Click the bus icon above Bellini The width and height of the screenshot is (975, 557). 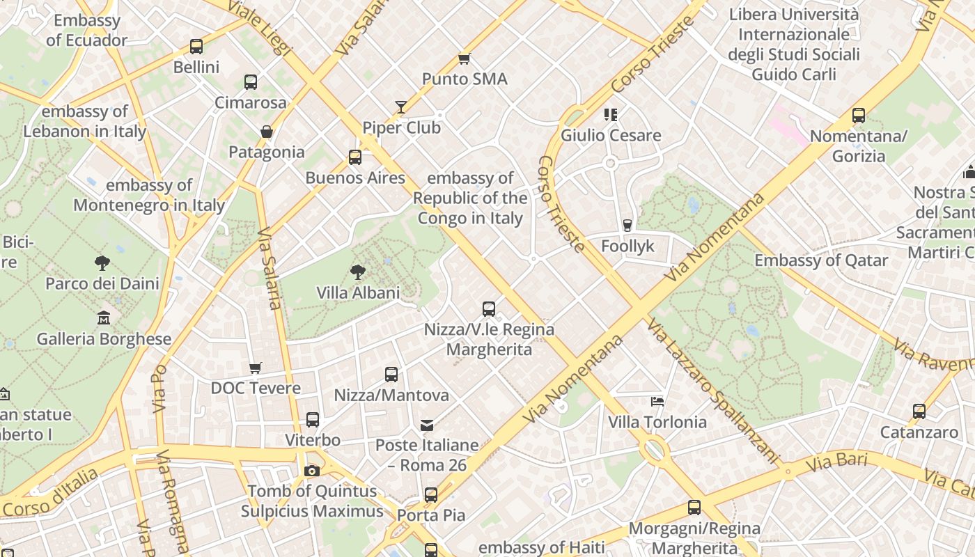click(196, 47)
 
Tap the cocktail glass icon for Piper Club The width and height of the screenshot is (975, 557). click(401, 107)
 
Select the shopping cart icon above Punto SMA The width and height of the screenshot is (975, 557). click(465, 58)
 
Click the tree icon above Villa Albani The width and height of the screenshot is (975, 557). click(358, 272)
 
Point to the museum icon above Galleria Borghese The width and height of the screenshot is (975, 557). click(104, 317)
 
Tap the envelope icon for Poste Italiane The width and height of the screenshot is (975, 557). click(427, 424)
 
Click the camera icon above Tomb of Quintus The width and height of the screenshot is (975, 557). click(312, 471)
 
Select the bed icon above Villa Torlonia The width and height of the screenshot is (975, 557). click(657, 401)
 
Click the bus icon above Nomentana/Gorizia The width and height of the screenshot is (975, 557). click(859, 116)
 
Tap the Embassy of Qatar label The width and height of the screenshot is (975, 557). click(821, 260)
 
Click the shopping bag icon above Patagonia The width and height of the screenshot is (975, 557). click(266, 131)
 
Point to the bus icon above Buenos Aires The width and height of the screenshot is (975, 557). click(355, 157)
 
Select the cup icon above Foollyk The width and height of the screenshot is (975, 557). click(627, 225)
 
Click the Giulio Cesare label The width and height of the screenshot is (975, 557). click(611, 135)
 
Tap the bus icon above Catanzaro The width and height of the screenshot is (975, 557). click(919, 411)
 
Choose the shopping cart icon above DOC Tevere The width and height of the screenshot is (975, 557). click(256, 367)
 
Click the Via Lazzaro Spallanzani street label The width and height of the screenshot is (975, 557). click(711, 391)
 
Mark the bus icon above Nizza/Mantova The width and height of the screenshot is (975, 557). click(391, 375)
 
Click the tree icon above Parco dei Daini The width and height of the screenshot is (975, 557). click(102, 262)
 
